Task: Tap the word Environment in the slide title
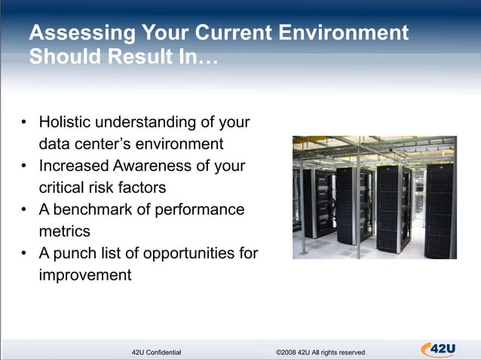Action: click(x=343, y=34)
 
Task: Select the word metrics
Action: click(x=64, y=230)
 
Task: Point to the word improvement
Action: click(x=84, y=275)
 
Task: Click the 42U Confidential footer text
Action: click(x=156, y=352)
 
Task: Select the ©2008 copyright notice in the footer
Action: click(x=320, y=352)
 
